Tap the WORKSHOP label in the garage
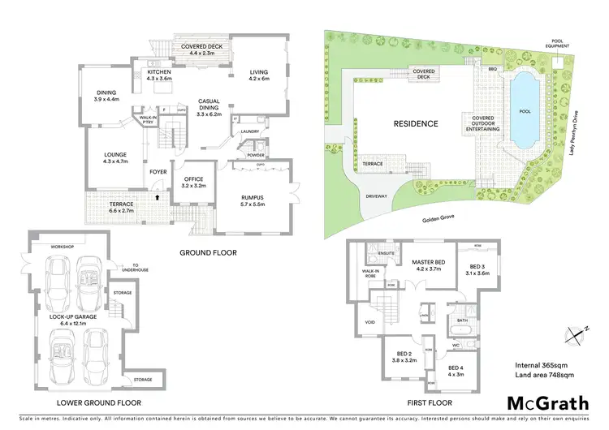46,247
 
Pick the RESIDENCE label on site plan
416,124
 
